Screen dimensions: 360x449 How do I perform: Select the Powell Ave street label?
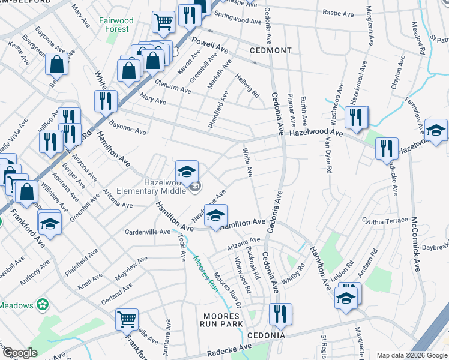(210, 43)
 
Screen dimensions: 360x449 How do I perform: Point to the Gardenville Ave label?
(148, 232)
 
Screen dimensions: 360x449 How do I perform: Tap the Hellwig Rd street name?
(247, 85)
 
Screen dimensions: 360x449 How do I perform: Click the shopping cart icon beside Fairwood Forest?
(163, 23)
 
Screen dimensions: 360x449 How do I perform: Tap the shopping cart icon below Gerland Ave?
(127, 320)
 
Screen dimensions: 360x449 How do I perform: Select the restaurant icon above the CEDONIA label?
(280, 314)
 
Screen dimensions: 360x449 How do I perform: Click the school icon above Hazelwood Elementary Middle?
(187, 172)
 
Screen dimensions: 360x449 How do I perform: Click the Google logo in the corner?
(20, 353)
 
